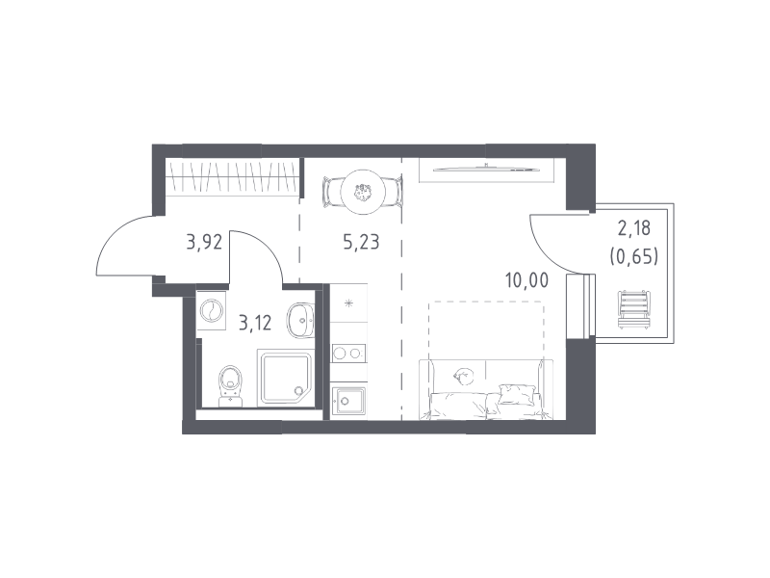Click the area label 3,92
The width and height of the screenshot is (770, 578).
[x=204, y=243]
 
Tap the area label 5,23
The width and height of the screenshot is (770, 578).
[x=362, y=243]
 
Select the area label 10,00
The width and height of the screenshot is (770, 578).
[x=526, y=280]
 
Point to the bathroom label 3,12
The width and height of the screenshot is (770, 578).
[x=255, y=323]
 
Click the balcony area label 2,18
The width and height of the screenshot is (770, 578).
[x=634, y=228]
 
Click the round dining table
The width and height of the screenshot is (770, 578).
[x=363, y=191]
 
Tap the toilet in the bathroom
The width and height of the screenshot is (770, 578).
[x=230, y=386]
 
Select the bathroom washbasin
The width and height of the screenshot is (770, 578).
[x=300, y=321]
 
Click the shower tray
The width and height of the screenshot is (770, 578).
[x=285, y=378]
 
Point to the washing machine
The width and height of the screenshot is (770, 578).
[x=212, y=310]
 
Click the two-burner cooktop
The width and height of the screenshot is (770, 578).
[x=348, y=353]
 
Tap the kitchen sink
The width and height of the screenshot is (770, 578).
[x=348, y=401]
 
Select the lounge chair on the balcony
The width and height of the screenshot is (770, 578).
[x=633, y=308]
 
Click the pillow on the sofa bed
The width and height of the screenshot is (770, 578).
[x=516, y=394]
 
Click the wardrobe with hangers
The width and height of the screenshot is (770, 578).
[x=232, y=177]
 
